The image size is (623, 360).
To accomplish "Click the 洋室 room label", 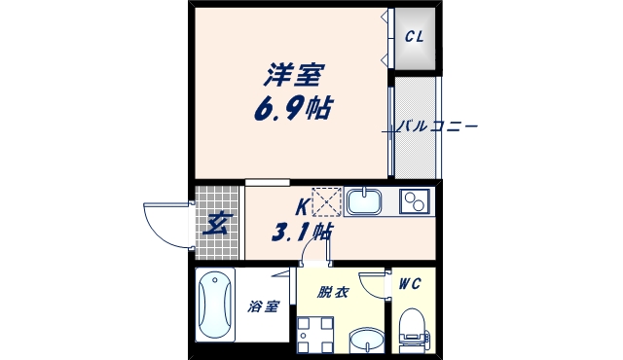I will (292, 73).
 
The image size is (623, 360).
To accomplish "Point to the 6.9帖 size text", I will (292, 107).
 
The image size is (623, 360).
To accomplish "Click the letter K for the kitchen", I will (302, 206).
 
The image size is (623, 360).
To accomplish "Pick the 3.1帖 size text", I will (304, 233).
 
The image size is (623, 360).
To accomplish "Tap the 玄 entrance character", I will (216, 224).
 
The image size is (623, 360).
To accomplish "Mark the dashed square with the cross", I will (326, 201).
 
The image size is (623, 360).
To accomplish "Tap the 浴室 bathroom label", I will (263, 306).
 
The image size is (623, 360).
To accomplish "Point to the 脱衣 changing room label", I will (331, 290).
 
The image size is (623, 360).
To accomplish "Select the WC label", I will (409, 284).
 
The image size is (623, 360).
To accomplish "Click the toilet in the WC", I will (414, 329).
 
